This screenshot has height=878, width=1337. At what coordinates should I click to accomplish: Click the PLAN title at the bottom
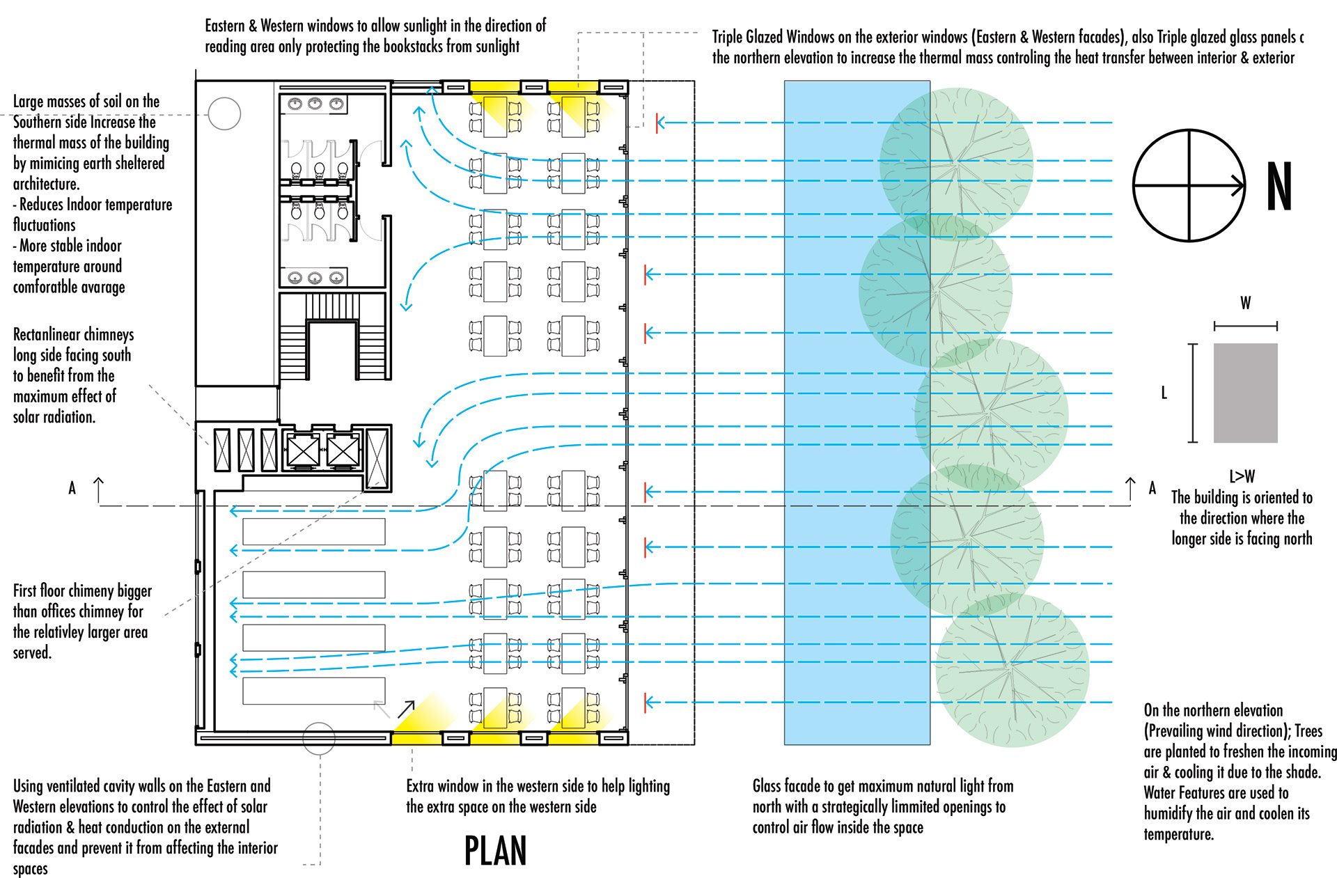coord(495,850)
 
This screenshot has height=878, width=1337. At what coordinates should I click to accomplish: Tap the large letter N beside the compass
coord(1279,186)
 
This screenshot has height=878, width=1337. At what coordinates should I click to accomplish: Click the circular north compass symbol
coord(1189,185)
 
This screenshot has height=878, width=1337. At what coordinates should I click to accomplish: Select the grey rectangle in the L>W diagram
coord(1245,393)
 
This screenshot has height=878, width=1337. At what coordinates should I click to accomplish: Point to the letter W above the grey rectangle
coord(1245,303)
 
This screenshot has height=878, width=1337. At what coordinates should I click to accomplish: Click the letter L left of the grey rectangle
coord(1164,393)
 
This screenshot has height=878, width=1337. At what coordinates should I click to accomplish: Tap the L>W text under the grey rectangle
coord(1242,476)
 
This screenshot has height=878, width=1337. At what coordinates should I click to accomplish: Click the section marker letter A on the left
coord(72,488)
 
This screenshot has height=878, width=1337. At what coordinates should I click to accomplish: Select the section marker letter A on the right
coord(1152,488)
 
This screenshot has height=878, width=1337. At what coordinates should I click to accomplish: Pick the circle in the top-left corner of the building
coord(224,113)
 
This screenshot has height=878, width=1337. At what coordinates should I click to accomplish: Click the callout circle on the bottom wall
coord(319,738)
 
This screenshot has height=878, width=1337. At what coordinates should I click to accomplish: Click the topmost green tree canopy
coord(957,164)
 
